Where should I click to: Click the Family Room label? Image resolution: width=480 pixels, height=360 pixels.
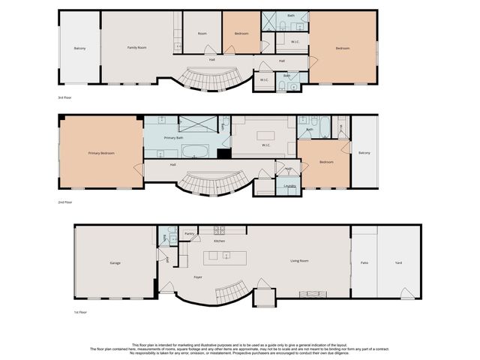136,47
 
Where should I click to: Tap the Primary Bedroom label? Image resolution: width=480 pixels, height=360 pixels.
101,153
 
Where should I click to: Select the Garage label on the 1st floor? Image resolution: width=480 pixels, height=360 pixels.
115,262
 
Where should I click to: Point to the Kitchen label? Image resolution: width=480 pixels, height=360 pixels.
220,241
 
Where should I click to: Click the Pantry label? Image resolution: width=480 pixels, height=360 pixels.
189,234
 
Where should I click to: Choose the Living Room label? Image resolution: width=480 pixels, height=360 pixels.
300,261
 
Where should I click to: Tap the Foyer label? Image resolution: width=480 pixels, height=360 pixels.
198,277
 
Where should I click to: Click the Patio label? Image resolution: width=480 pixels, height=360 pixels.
364,262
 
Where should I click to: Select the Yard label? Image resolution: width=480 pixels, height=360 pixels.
398,262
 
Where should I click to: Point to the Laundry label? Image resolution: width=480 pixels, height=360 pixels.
289,185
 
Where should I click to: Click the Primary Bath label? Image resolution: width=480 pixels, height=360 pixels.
174,138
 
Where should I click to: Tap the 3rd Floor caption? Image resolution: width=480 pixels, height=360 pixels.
65,98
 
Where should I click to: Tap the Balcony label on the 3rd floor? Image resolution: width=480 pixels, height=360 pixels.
79,48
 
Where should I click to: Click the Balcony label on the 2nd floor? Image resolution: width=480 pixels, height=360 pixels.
364,153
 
